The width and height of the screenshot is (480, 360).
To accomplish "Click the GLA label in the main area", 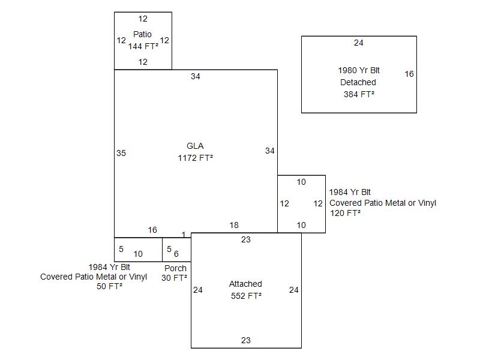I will pos(195,146).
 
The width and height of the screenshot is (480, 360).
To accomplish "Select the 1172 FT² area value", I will pos(196,158).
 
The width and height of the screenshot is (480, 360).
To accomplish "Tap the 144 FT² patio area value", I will pos(143,46).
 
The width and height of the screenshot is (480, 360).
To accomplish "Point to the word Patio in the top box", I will pos(143,34).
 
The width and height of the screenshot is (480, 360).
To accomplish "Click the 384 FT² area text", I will pos(359,94).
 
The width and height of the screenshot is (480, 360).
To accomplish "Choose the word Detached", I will pos(358,82).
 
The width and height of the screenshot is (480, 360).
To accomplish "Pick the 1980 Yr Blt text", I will pos(359,70).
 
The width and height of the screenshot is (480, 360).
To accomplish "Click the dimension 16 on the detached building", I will pos(409,74).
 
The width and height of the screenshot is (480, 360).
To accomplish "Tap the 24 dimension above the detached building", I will pos(359,43).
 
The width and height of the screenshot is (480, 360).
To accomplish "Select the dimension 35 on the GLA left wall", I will pos(121,153).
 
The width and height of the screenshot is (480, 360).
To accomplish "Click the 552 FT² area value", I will pos(246,296).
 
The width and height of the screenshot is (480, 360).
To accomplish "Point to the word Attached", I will pos(245,284).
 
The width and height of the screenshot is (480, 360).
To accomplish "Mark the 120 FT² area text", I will pos(345,213).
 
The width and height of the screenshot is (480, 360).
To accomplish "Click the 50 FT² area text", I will pos(109,286).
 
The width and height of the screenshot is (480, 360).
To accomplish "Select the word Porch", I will pos(175,268).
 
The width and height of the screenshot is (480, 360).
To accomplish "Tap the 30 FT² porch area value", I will pos(174,278).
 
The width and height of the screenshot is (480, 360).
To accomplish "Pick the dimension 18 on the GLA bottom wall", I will pos(234,225).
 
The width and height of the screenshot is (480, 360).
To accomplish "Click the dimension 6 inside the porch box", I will pos(176,254).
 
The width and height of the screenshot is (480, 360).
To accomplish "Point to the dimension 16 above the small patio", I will pos(152,230).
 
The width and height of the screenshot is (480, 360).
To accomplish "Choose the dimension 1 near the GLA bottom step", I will pos(184,234).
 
